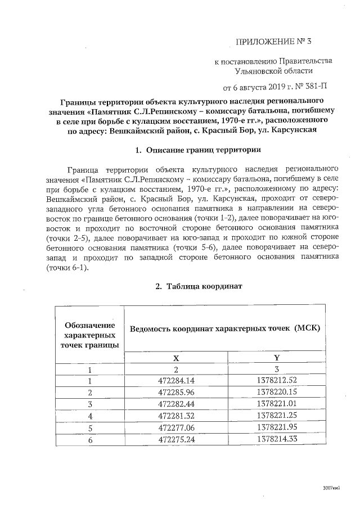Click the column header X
[175, 358]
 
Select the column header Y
[276, 358]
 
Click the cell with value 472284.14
[175, 381]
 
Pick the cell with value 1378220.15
[276, 392]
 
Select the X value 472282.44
[175, 404]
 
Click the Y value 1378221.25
[276, 415]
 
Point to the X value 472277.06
[175, 427]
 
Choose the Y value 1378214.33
[276, 439]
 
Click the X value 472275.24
[175, 439]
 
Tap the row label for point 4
[89, 415]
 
